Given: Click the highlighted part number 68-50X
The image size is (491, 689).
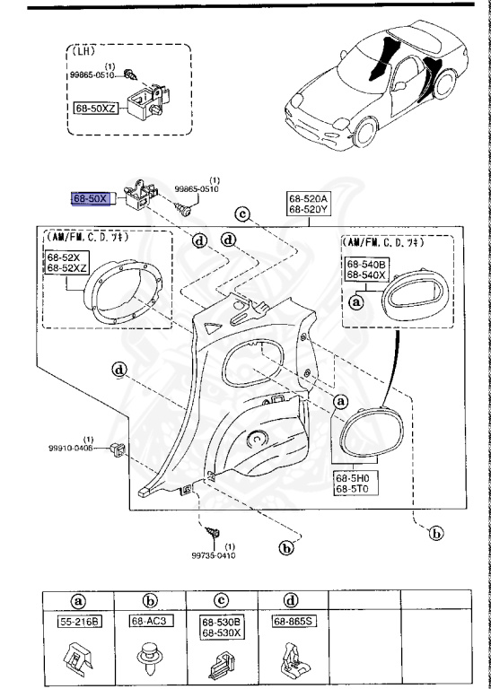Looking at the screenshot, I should [x=90, y=198].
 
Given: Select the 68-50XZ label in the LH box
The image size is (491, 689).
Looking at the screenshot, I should [x=96, y=107].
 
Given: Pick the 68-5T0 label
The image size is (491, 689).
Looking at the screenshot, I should [x=354, y=491].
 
